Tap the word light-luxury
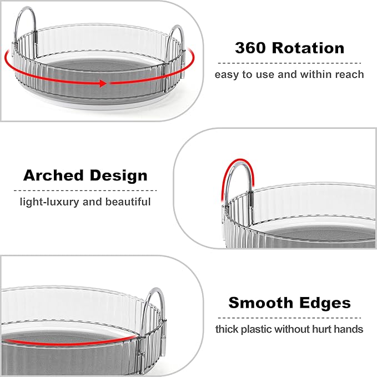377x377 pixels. click(49, 202)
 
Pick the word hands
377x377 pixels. click(349, 329)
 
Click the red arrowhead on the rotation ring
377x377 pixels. click(103, 84)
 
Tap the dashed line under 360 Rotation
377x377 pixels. click(289, 63)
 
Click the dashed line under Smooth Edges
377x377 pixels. click(289, 318)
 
